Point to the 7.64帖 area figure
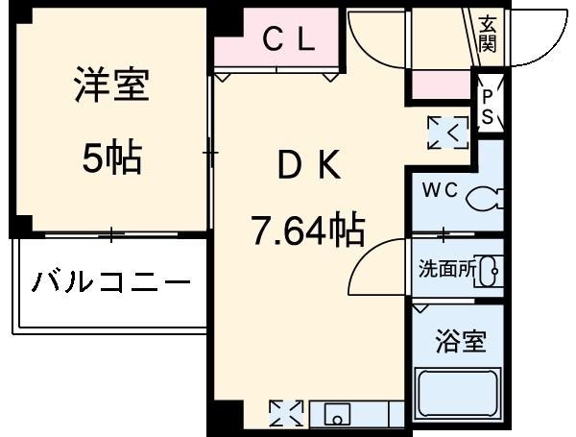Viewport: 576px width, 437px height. tap(307, 231)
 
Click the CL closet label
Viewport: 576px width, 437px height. tap(289, 39)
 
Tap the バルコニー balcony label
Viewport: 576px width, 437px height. tap(110, 283)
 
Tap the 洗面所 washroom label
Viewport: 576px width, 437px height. tap(446, 270)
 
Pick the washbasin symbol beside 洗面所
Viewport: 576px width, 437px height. tap(491, 271)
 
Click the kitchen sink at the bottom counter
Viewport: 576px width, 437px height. tap(337, 415)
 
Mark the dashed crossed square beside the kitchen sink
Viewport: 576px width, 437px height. tap(286, 414)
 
